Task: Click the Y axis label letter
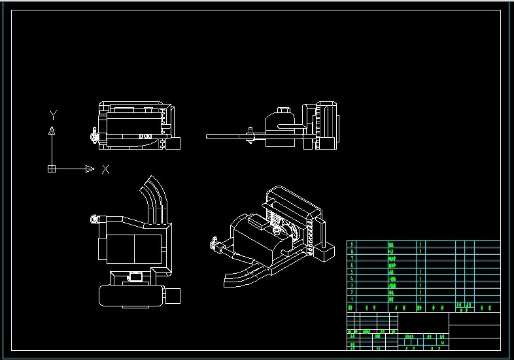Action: (52, 115)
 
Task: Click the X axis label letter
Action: (105, 169)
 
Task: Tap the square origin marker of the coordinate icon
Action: (52, 169)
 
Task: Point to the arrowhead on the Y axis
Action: (52, 130)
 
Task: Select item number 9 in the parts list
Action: (351, 244)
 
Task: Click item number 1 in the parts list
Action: (351, 299)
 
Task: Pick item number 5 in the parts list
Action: (351, 272)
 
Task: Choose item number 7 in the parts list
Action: (351, 258)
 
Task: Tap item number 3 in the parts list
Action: (351, 286)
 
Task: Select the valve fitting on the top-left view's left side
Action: (95, 136)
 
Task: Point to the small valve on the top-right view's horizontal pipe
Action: (250, 137)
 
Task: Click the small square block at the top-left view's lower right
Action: (173, 143)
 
